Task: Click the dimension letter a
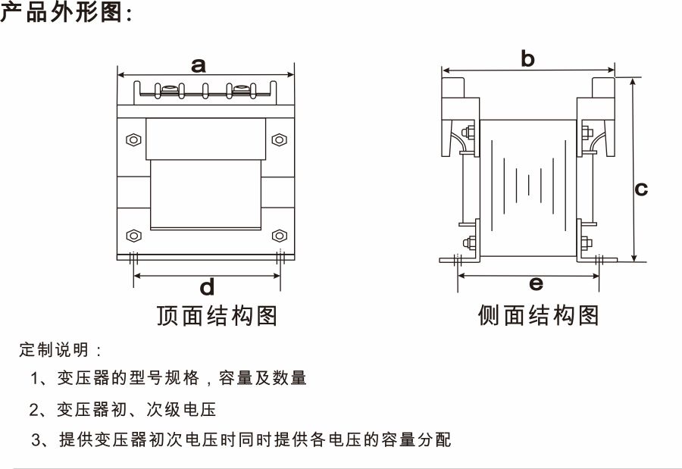(x=199, y=65)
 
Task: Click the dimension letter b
(x=528, y=59)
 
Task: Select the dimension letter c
(x=641, y=188)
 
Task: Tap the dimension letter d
(x=207, y=287)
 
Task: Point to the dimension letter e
(x=536, y=284)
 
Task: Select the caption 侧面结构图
(x=538, y=315)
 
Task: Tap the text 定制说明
(x=55, y=350)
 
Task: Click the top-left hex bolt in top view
(x=133, y=139)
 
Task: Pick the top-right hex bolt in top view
(x=278, y=139)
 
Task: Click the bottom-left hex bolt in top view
(x=133, y=235)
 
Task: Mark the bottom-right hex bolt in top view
(x=278, y=235)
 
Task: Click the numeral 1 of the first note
(x=34, y=377)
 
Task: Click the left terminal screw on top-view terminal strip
(x=169, y=92)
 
